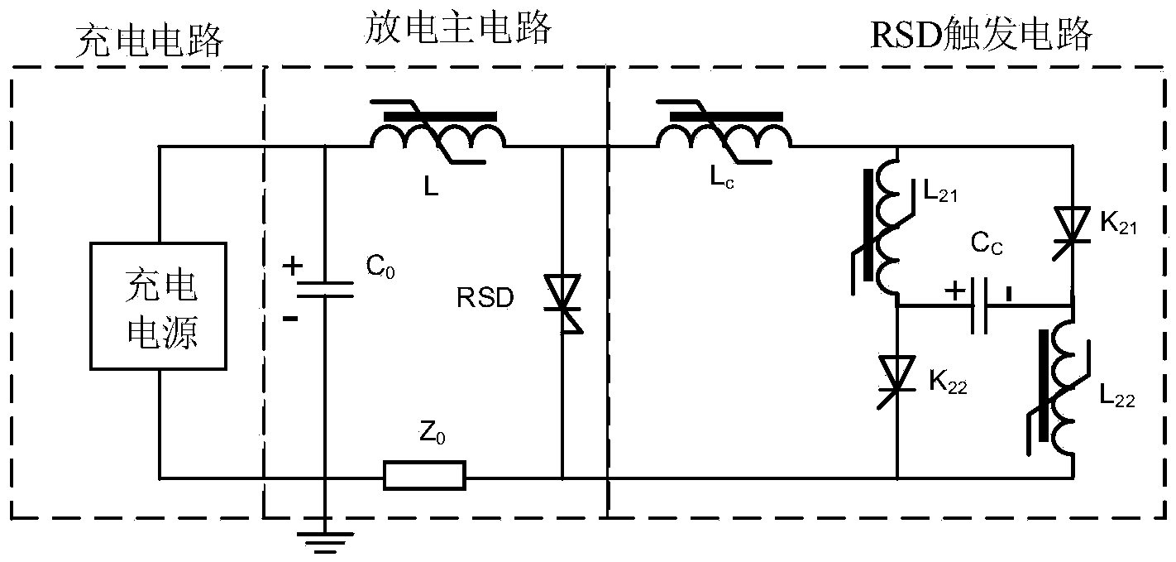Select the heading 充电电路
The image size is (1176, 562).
point(149,40)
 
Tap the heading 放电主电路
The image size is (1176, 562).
point(457,30)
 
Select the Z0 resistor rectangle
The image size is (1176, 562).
point(424,477)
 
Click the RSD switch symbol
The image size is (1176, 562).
point(562,305)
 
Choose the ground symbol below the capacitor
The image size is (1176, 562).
point(324,540)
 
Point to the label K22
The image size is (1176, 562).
point(948,382)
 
